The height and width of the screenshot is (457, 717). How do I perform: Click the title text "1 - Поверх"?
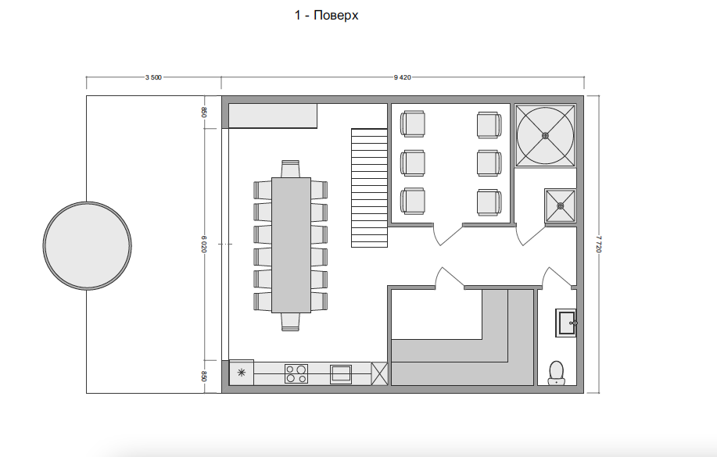pyautogui.click(x=326, y=16)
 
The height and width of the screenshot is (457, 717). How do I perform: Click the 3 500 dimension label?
pyautogui.click(x=153, y=77)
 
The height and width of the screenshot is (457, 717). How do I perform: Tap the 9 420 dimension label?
pyautogui.click(x=403, y=77)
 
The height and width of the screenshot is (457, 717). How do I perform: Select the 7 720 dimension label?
pyautogui.click(x=599, y=244)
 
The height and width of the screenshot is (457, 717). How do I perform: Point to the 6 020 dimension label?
pyautogui.click(x=204, y=244)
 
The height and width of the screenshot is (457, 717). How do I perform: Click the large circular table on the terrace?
pyautogui.click(x=88, y=245)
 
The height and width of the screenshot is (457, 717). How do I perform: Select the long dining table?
pyautogui.click(x=292, y=245)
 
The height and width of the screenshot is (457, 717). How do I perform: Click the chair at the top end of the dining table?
pyautogui.click(x=290, y=169)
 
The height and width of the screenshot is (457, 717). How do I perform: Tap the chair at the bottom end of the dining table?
pyautogui.click(x=290, y=322)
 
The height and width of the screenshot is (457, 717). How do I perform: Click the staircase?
pyautogui.click(x=370, y=187)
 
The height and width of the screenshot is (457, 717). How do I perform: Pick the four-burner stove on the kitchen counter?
pyautogui.click(x=296, y=374)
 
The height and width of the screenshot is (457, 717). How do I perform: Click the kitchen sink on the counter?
pyautogui.click(x=341, y=374)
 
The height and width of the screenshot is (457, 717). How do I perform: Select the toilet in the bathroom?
pyautogui.click(x=557, y=373)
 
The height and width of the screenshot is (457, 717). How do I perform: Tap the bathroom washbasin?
pyautogui.click(x=566, y=323)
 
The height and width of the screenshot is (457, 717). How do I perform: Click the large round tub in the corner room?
pyautogui.click(x=545, y=136)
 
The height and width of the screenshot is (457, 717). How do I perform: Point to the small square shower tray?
pyautogui.click(x=561, y=205)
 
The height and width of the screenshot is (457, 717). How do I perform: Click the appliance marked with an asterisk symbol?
pyautogui.click(x=242, y=373)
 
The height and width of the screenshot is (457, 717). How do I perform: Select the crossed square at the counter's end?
pyautogui.click(x=379, y=373)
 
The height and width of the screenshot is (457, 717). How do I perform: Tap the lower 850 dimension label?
pyautogui.click(x=204, y=376)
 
